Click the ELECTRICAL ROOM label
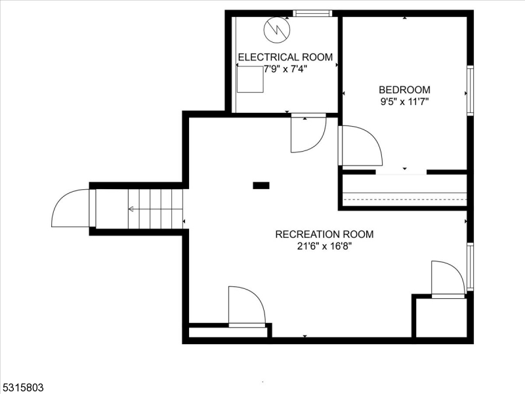pos(285,57)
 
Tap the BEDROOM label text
pos(404,90)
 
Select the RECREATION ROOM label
pos(324,234)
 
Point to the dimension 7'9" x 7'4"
pos(285,70)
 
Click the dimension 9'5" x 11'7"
pos(404,102)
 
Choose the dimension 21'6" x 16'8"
pos(324,247)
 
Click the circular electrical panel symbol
pos(277,30)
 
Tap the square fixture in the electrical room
pos(250,79)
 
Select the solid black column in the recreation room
pos(261,185)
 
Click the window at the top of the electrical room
pos(312,13)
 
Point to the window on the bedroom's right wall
pos(471,91)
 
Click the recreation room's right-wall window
pos(471,267)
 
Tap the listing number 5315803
pos(22,387)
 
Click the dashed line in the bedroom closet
pos(405,199)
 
